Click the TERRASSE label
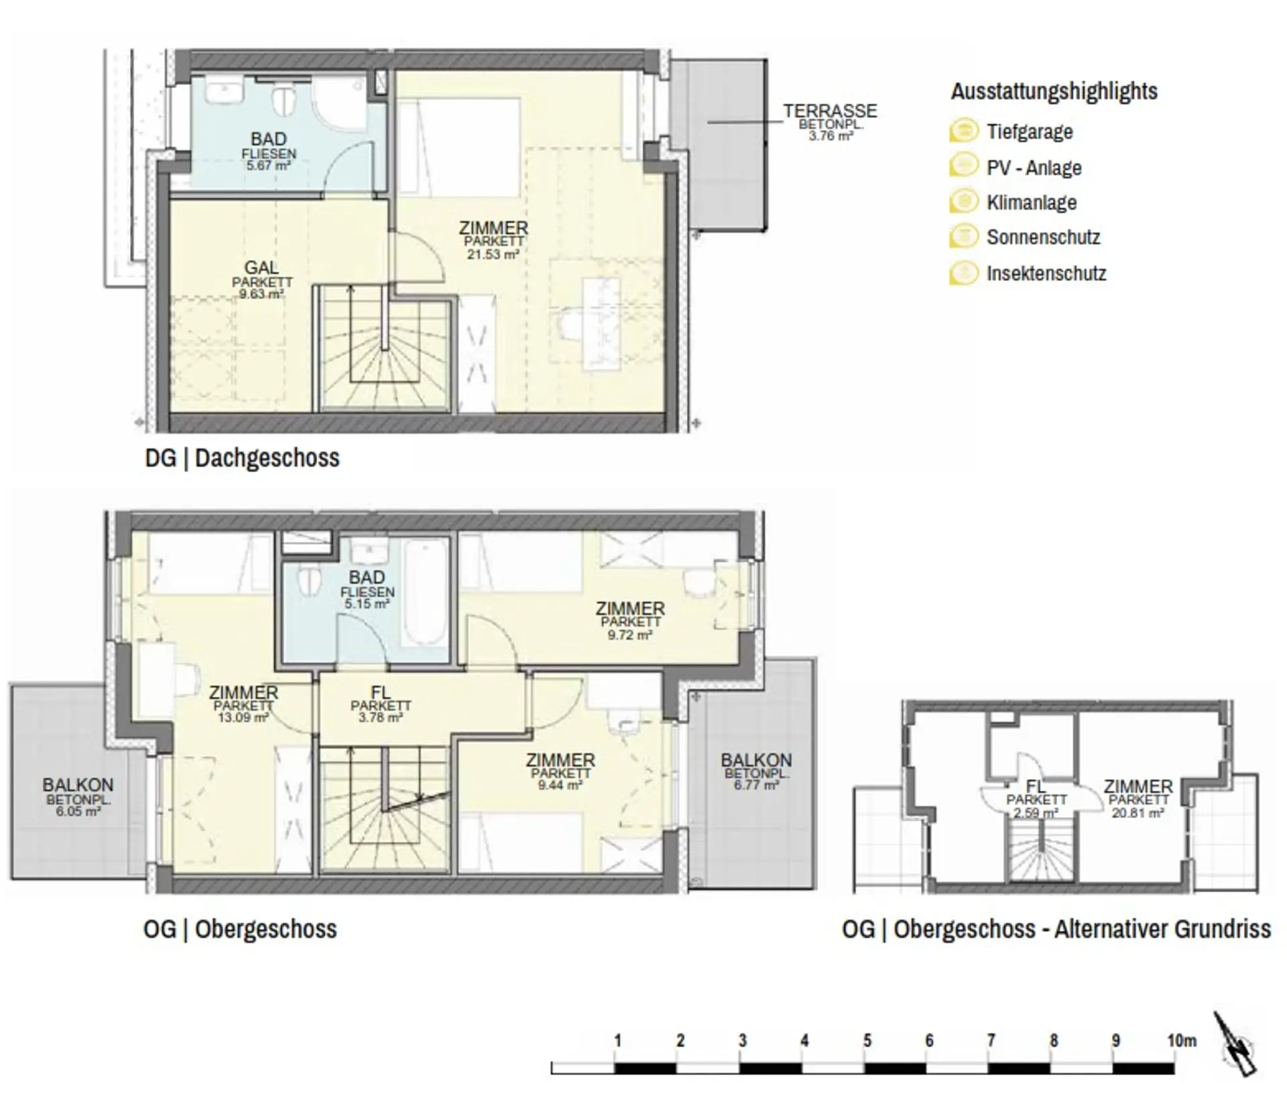pos(830,111)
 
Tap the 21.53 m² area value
pos(493,255)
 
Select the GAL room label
pos(261,269)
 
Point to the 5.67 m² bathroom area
pos(268,165)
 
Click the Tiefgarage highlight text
pos(1030,131)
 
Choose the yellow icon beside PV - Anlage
pos(963,166)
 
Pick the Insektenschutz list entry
pos(1046,273)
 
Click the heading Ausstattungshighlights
pos(1054,91)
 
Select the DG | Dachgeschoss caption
pos(242,458)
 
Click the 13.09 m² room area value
pos(243,718)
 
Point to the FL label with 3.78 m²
pos(380,694)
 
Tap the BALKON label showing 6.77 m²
pos(756,760)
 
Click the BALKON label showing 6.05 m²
pos(78,785)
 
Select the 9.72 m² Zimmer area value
pos(629,635)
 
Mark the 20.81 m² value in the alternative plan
pos(1138,813)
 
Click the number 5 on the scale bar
pos(867,1041)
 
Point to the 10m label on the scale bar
pos(1181,1041)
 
